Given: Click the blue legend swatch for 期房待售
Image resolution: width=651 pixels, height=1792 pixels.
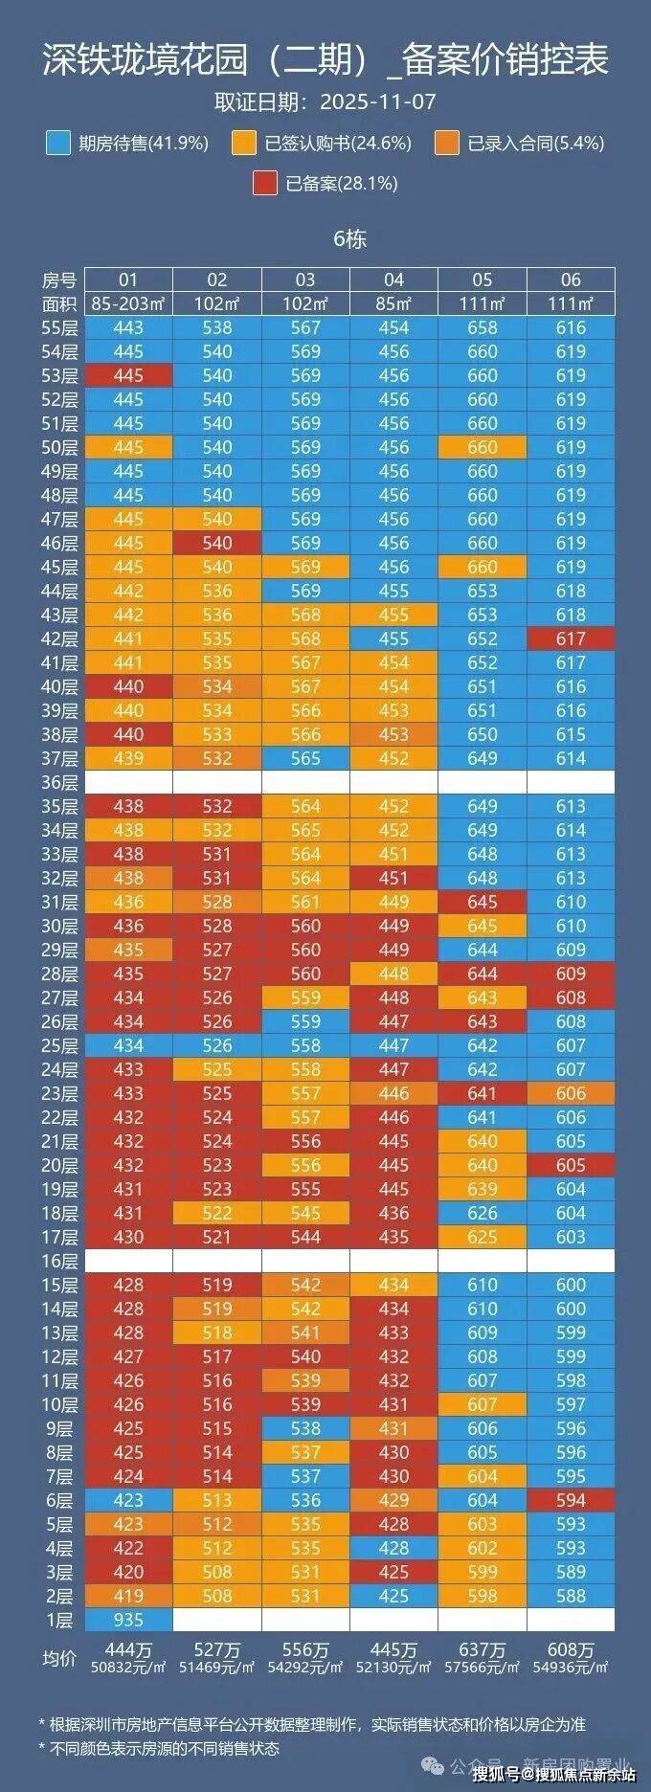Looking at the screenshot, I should [57, 144].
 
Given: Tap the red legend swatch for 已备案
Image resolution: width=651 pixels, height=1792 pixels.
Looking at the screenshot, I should [265, 183].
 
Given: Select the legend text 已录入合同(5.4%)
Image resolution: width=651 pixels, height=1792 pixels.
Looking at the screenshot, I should [535, 144].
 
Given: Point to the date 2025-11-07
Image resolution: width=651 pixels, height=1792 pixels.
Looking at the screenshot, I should [378, 101].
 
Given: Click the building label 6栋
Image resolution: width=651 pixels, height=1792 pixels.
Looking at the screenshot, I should [349, 239].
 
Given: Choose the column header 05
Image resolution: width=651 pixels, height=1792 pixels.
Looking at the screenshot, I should [483, 280].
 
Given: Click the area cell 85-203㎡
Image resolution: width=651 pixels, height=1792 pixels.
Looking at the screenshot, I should [128, 303].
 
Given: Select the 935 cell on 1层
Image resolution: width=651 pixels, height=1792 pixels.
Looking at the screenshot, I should [128, 1620].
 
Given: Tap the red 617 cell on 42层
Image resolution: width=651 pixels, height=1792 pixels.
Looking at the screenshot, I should [571, 638].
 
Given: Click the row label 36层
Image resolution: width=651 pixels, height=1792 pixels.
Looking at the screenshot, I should [59, 782].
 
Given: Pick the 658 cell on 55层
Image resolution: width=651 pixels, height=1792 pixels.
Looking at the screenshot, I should [483, 327].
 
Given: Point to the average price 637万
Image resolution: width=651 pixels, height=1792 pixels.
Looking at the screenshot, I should [483, 1650].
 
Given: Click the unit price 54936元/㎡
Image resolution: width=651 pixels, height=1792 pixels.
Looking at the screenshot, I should [571, 1667].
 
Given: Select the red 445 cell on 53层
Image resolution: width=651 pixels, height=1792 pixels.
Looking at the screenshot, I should [128, 375].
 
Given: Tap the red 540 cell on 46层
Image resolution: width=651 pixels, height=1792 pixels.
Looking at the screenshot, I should [217, 543].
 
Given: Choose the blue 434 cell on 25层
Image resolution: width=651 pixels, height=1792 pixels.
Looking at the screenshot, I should [128, 1045].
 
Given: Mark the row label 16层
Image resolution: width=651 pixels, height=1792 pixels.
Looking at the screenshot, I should [59, 1261].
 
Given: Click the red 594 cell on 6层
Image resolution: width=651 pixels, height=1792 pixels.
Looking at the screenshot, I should [571, 1500].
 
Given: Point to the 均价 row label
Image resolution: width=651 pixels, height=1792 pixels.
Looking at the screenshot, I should [59, 1658].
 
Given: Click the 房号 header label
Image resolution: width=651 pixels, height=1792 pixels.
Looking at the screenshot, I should [59, 280].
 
